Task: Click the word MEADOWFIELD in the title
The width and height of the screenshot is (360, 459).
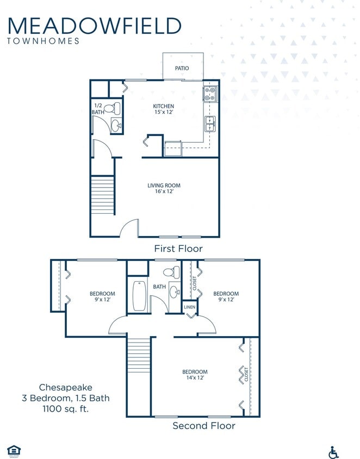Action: click(x=95, y=26)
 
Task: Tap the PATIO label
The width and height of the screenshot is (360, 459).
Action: click(x=182, y=69)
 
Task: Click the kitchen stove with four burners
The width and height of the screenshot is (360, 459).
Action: click(x=210, y=94)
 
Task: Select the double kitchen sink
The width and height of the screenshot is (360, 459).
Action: click(x=210, y=124)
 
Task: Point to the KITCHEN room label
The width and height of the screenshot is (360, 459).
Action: click(x=163, y=106)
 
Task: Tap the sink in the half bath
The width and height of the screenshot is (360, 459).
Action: click(x=116, y=126)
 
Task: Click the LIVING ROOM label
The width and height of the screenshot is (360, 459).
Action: click(x=164, y=185)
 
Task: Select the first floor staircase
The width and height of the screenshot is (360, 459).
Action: click(x=102, y=195)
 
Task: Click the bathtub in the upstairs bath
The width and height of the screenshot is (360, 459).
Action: click(x=139, y=295)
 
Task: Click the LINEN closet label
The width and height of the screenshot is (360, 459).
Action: click(x=189, y=307)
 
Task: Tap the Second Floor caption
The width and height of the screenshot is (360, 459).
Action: click(x=203, y=425)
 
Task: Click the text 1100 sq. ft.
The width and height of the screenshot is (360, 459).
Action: click(x=66, y=408)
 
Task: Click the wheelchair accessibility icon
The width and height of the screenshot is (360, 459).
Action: click(x=333, y=452)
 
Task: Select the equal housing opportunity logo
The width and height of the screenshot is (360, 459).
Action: click(x=14, y=450)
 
